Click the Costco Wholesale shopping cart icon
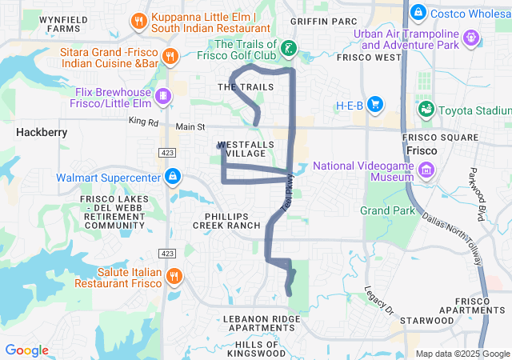[x=417, y=14]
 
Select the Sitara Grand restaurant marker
[x=170, y=55]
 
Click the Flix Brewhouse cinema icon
[x=163, y=96]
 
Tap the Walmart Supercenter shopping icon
[x=173, y=177]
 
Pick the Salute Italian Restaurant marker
[x=174, y=277]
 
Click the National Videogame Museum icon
[x=426, y=170]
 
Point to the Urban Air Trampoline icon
[x=472, y=37]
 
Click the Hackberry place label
[x=42, y=133]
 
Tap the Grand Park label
[x=388, y=210]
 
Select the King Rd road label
[x=143, y=122]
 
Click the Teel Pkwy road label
[x=287, y=194]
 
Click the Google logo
[x=27, y=350]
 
